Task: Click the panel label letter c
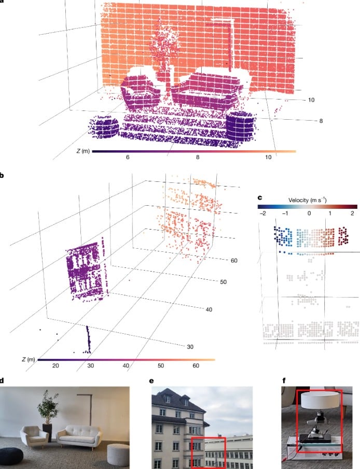click(260, 198)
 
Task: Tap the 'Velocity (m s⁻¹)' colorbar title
click(307, 200)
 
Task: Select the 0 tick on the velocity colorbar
click(309, 214)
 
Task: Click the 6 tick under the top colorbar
click(128, 157)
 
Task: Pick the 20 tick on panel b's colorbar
click(56, 365)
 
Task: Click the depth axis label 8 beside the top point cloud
click(321, 121)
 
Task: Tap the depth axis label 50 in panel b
click(223, 282)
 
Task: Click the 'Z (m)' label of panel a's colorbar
click(83, 151)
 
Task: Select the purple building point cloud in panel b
click(86, 271)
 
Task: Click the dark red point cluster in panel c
click(343, 236)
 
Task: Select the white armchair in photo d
click(34, 436)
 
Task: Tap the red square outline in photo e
click(191, 452)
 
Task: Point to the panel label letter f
click(284, 381)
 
